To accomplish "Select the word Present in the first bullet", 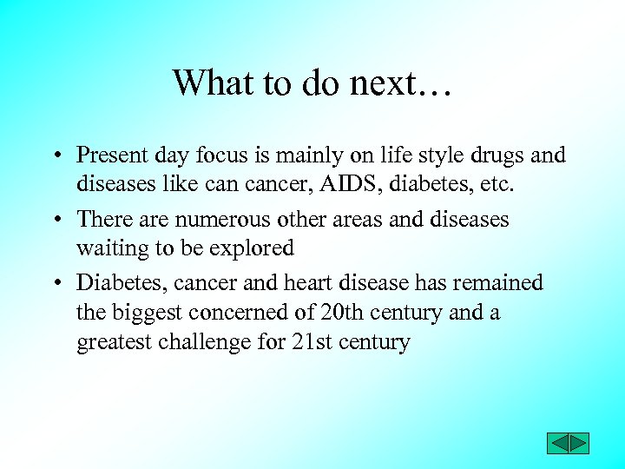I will (x=113, y=155).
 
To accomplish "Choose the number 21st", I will (x=312, y=341).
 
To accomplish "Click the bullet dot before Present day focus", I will (x=54, y=157).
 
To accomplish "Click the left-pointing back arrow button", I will (x=557, y=443).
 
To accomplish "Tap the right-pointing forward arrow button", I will (x=579, y=443).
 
